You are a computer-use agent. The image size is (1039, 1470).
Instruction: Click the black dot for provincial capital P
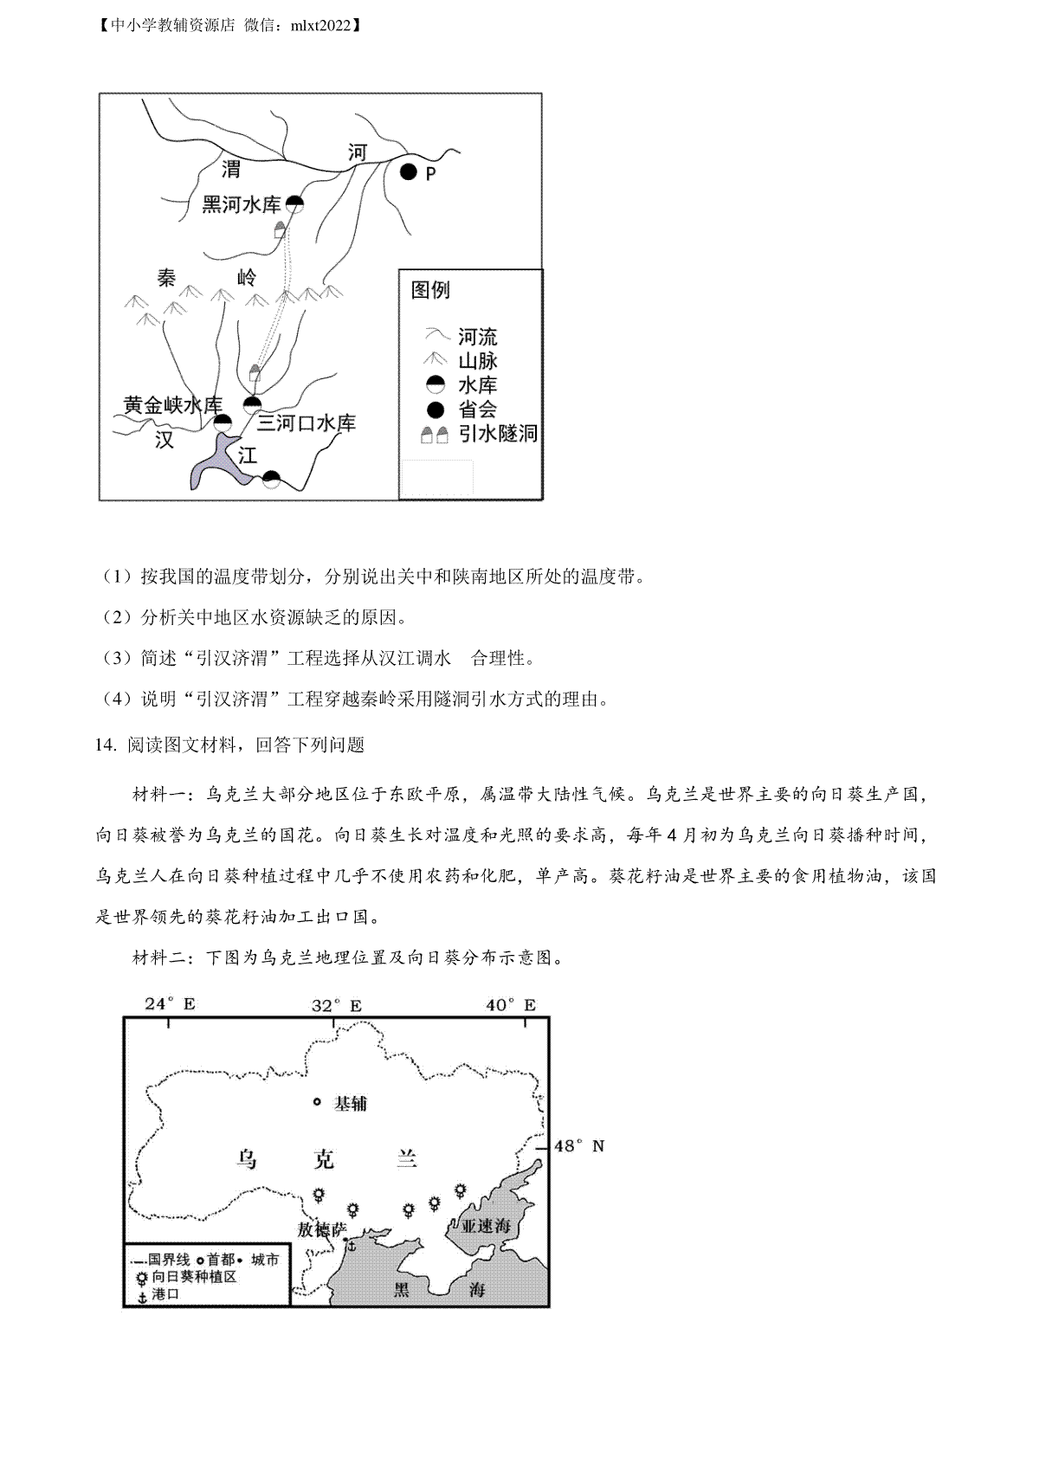pyautogui.click(x=409, y=172)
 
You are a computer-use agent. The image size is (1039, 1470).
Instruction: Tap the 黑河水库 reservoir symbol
pyautogui.click(x=295, y=203)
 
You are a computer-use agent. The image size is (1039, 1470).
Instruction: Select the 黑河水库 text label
pyautogui.click(x=242, y=204)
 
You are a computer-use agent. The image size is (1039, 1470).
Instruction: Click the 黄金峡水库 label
pyautogui.click(x=172, y=404)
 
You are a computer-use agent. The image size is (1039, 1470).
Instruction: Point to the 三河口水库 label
pyautogui.click(x=307, y=423)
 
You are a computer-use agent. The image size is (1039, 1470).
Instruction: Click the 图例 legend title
pyautogui.click(x=430, y=290)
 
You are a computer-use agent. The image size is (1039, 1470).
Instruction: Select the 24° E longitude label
pyautogui.click(x=170, y=1004)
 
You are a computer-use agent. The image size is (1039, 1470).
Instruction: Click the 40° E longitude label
pyautogui.click(x=511, y=1004)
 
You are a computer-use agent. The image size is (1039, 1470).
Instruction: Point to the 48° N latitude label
pyautogui.click(x=579, y=1146)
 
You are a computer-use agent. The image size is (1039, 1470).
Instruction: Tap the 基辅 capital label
pyautogui.click(x=351, y=1104)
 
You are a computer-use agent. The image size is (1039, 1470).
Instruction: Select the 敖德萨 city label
pyautogui.click(x=321, y=1229)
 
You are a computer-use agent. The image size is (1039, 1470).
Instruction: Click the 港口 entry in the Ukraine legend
pyautogui.click(x=165, y=1294)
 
